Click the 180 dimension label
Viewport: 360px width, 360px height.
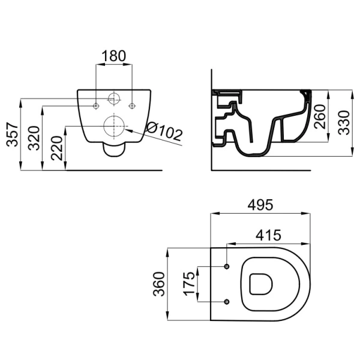pos(114,56)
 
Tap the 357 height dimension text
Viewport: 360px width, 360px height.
pos(13,135)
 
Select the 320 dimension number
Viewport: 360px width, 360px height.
pos(34,138)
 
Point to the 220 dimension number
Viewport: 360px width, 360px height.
pos(57,148)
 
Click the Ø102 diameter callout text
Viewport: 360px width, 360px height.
pos(164,131)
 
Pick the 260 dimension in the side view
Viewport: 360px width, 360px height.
pos(320,116)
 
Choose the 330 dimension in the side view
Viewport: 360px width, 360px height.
pos(344,122)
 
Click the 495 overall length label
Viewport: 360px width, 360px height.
pos(260,205)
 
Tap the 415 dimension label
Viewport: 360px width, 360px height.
pos(268,235)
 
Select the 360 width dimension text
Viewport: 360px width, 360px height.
pos(159,284)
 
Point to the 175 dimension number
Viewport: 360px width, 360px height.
pos(189,284)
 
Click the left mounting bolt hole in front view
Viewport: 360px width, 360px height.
pos(96,106)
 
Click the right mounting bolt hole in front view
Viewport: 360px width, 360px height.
pos(132,106)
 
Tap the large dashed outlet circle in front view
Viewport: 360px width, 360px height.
pos(114,126)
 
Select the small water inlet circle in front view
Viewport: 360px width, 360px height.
pos(114,99)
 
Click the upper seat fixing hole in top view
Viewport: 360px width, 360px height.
pos(227,266)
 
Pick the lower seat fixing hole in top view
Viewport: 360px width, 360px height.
pos(227,302)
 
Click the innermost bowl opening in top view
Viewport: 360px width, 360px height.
pos(261,284)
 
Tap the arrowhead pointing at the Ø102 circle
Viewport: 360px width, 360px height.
pos(129,130)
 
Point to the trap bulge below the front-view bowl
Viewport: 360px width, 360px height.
pos(114,149)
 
